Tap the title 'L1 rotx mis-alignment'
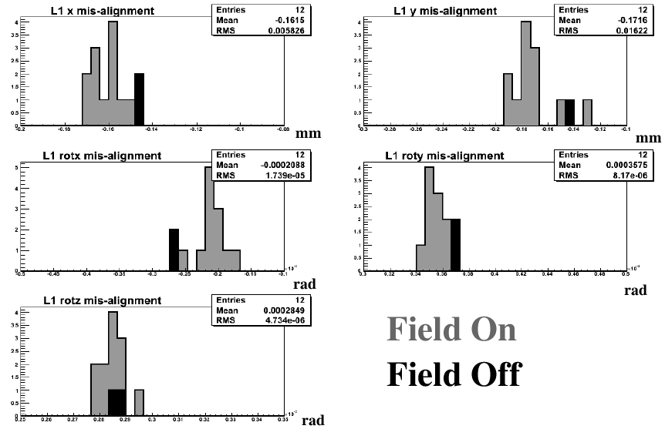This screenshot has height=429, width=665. click(101, 156)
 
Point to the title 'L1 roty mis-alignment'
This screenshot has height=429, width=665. click(444, 156)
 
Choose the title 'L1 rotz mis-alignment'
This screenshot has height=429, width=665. click(100, 301)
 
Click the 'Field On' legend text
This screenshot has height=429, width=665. click(451, 330)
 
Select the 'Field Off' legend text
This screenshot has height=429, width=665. click(454, 374)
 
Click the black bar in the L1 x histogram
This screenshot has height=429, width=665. click(139, 99)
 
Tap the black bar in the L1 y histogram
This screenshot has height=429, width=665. click(569, 112)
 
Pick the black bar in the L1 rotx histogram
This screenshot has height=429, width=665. click(174, 250)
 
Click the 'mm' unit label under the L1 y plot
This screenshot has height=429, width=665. click(650, 139)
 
